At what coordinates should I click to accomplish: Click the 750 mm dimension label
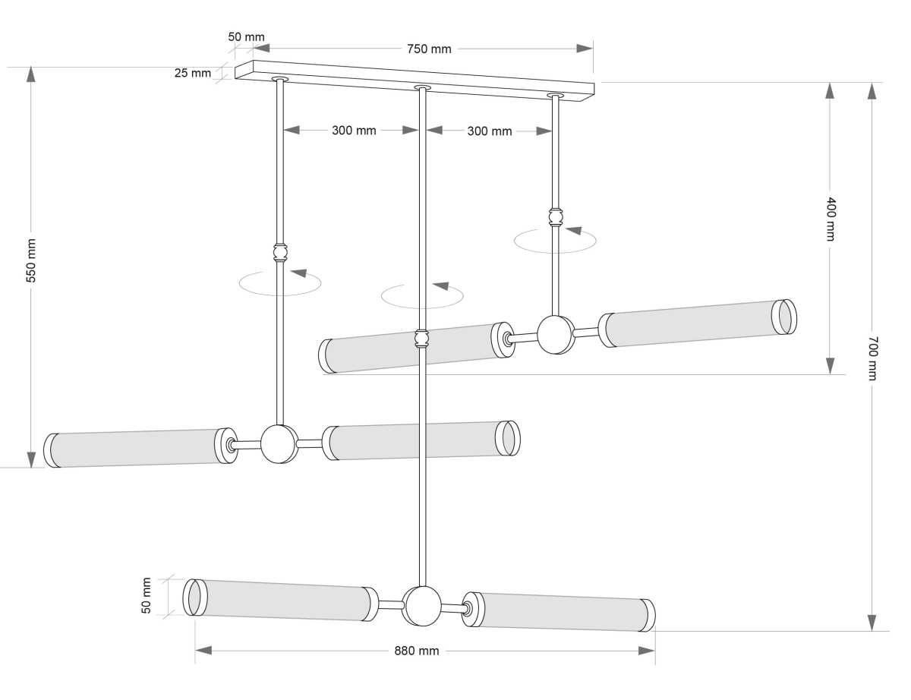tap(429, 49)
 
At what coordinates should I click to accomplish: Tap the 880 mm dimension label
tap(416, 651)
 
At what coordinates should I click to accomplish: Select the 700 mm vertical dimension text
tap(872, 358)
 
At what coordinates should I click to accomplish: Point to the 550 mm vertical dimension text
tap(31, 260)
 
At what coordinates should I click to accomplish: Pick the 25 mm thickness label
tap(192, 74)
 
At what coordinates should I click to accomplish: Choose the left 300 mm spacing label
tap(354, 130)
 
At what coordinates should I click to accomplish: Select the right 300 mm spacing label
tap(489, 131)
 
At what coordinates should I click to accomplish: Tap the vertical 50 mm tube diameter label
tap(147, 595)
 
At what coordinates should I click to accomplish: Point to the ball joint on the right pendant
tap(556, 335)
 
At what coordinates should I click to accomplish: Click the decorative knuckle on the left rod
tap(280, 251)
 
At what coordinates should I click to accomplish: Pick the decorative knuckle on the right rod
tap(556, 218)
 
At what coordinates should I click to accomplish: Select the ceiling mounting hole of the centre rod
tap(422, 89)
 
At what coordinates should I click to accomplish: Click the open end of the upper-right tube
tap(785, 317)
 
